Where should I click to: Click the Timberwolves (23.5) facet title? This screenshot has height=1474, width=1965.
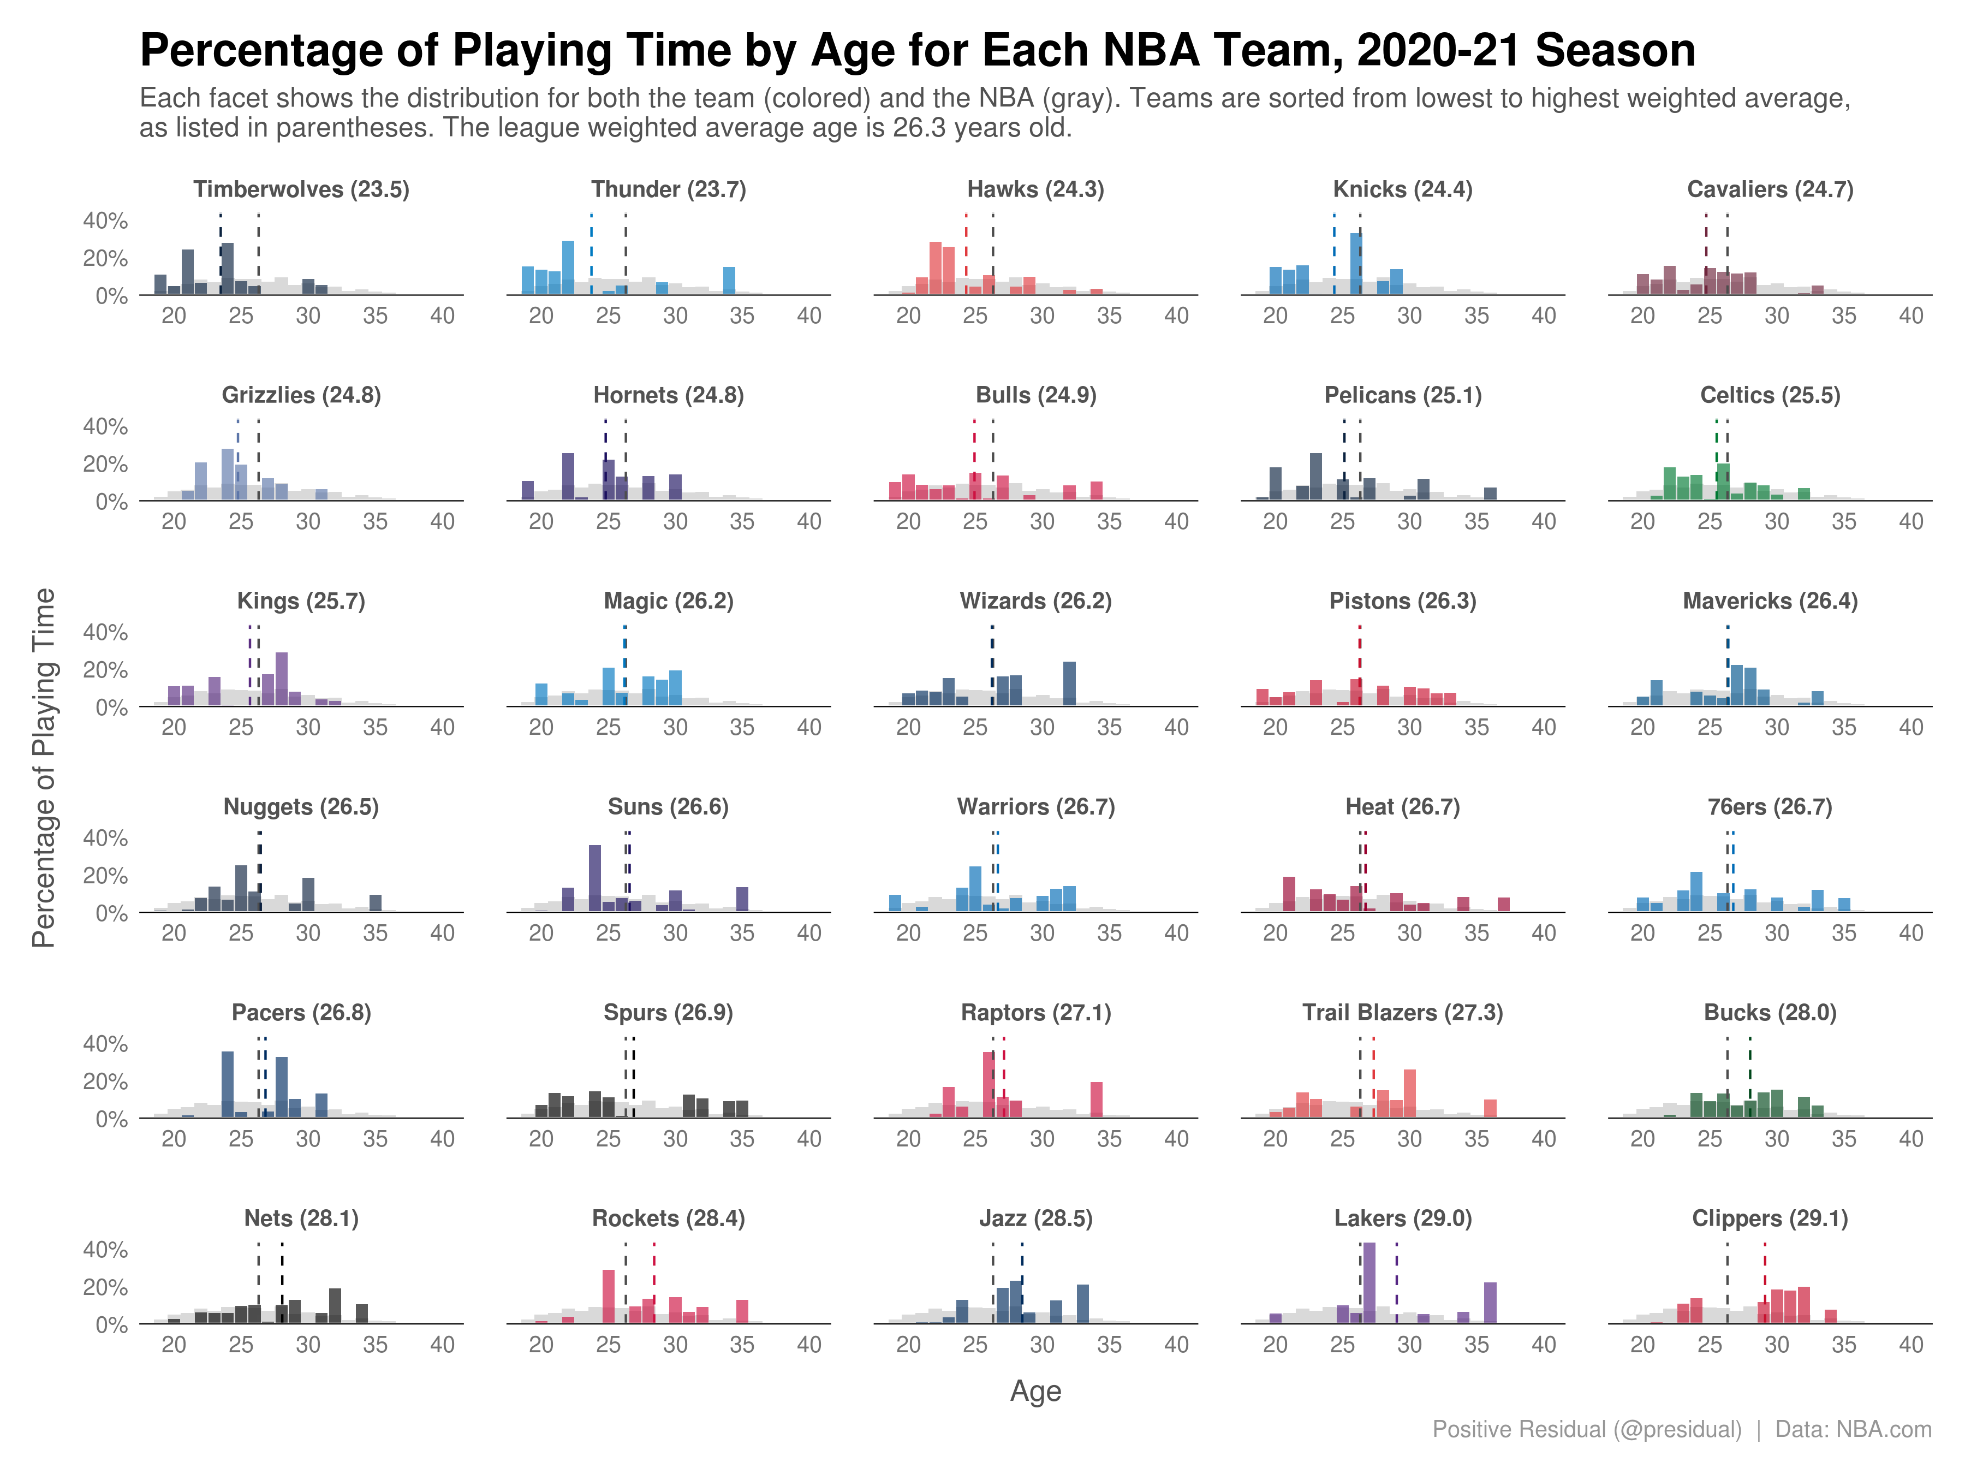click(x=301, y=189)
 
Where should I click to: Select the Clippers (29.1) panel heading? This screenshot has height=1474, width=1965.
click(x=1770, y=1218)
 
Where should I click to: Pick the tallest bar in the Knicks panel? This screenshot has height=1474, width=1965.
click(x=1356, y=264)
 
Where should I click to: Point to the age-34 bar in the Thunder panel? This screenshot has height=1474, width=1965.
click(x=729, y=281)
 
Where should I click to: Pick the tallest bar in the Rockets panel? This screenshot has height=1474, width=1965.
click(x=609, y=1297)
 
